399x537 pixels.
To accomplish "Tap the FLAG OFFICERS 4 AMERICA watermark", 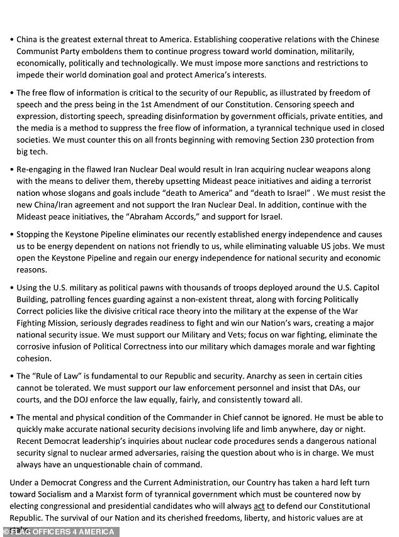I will click(x=50, y=530).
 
